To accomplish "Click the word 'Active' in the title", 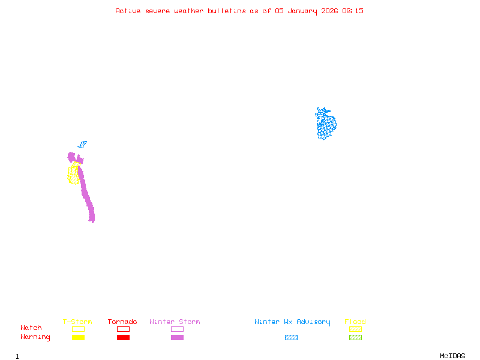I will click(128, 11).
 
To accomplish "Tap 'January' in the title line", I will click(303, 11).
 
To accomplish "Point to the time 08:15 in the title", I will click(353, 11).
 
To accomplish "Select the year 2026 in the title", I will click(330, 11).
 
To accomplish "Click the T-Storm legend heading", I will click(77, 322).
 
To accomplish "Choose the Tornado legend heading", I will click(122, 322).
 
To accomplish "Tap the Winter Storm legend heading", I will click(175, 322).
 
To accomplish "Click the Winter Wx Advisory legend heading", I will click(292, 322).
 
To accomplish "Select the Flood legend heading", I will click(355, 322).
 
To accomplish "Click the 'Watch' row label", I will click(31, 328).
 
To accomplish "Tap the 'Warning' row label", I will click(35, 337).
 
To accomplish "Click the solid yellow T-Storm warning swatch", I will click(78, 337).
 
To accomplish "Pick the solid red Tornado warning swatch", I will click(123, 337).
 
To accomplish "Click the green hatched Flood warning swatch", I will click(355, 337).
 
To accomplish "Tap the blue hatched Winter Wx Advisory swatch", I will click(291, 337).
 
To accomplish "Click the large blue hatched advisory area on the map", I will click(326, 125).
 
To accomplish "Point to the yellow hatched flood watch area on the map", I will click(73, 174).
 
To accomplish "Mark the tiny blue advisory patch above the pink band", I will click(82, 145).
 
